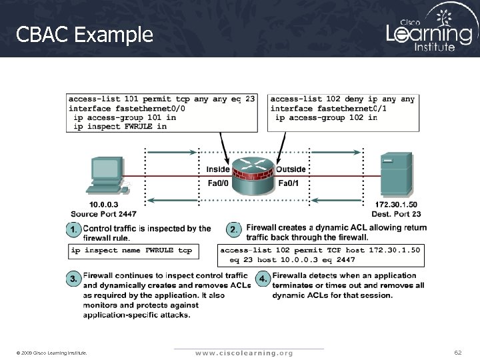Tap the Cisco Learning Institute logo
point(429,30)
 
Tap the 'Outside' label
point(291,169)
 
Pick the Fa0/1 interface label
point(289,183)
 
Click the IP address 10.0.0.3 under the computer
point(105,205)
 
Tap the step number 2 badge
point(234,229)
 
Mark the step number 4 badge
point(264,277)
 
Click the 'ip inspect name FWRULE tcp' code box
point(131,251)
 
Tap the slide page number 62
point(457,351)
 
